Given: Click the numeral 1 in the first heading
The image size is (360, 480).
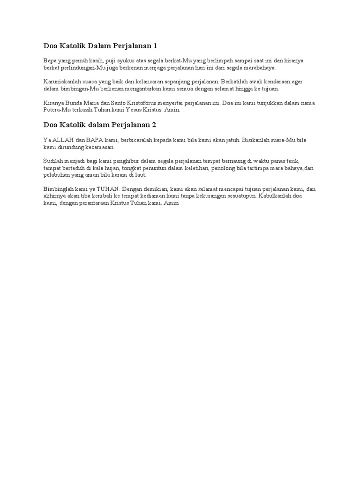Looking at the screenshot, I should (155, 45).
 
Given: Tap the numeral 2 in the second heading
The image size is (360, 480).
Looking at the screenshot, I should (154, 125).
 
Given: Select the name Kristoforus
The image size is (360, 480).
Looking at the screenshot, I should (132, 103).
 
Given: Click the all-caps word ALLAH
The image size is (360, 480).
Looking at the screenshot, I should (63, 140).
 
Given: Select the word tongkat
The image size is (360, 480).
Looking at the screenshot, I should (132, 168).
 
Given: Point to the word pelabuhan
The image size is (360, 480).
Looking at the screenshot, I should (57, 174).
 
